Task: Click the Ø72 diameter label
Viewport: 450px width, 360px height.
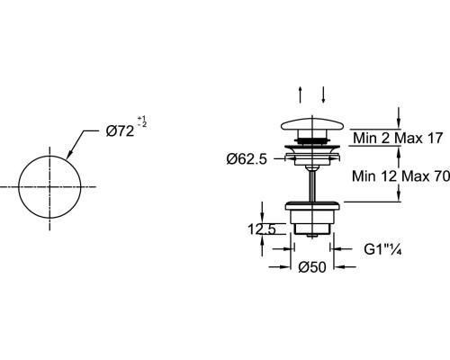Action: (120, 131)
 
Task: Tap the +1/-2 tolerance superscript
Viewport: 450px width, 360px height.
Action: (142, 121)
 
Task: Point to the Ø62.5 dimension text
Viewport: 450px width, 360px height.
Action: (247, 159)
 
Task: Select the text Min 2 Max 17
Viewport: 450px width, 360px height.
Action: (398, 138)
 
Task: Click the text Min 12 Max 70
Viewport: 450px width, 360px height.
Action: (400, 175)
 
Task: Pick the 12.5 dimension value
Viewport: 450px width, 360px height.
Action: (262, 229)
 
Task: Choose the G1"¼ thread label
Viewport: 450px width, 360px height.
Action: (382, 249)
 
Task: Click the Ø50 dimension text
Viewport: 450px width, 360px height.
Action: (312, 267)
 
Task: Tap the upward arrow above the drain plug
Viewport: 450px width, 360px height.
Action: (301, 94)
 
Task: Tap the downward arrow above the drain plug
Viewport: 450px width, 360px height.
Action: (323, 94)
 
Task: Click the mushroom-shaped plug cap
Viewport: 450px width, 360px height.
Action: (312, 125)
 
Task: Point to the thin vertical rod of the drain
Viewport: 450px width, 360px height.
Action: (312, 184)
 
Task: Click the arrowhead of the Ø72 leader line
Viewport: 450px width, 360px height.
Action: (68, 154)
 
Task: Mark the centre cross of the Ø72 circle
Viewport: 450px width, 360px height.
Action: (49, 186)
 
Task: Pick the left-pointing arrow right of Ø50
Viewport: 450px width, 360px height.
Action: (345, 266)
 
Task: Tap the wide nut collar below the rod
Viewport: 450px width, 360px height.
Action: (312, 206)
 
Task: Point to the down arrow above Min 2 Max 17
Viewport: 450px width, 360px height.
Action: (399, 119)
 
